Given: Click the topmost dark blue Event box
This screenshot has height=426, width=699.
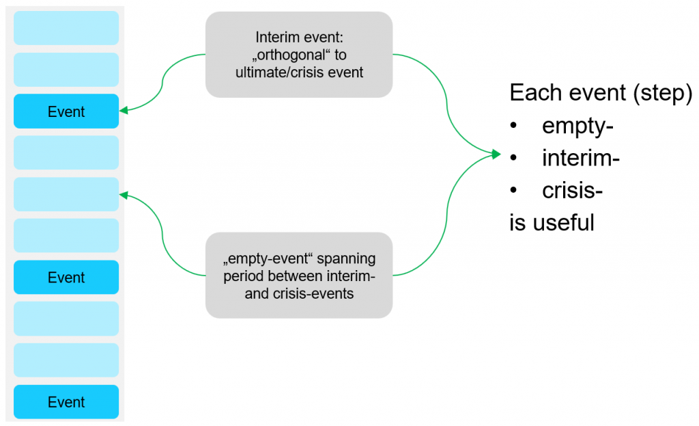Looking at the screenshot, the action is [x=66, y=111].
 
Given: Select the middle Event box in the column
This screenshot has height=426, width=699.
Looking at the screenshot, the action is [x=66, y=278].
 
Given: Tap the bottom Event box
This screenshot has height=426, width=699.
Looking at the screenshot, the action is [x=66, y=402].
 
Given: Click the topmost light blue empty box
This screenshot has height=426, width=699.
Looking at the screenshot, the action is [x=66, y=28].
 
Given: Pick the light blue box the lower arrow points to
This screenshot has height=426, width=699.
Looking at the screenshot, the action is [x=66, y=194].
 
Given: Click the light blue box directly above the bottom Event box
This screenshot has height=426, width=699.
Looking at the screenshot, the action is [x=66, y=360].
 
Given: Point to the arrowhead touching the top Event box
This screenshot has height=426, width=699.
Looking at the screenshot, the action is [x=124, y=110].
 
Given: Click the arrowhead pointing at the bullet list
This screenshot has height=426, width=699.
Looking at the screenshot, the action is [x=496, y=154].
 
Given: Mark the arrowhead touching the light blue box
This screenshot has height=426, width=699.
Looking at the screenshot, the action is [x=124, y=195].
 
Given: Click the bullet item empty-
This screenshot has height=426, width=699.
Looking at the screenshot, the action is [x=577, y=126].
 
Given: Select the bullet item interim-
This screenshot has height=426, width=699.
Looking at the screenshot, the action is [x=581, y=158].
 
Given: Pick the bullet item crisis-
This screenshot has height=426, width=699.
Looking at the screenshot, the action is [x=573, y=191].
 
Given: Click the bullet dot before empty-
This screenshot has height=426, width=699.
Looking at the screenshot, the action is [x=513, y=126].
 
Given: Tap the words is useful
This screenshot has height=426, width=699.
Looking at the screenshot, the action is [x=552, y=222].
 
